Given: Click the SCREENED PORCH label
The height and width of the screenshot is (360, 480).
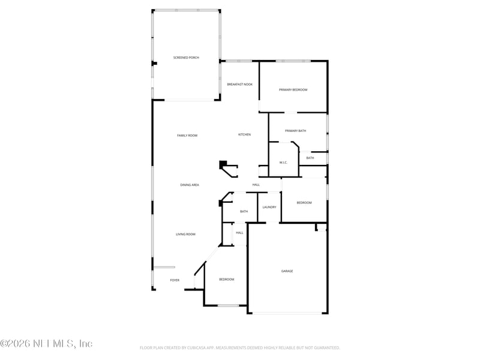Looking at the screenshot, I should (x=186, y=58).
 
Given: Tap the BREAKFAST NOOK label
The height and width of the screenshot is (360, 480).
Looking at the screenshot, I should (x=239, y=85).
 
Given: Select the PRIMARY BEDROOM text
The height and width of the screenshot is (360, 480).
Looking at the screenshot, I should (x=293, y=90).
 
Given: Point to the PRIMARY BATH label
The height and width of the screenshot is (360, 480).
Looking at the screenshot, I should (x=295, y=131).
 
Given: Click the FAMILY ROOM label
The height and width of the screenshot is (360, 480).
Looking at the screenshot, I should (x=187, y=136).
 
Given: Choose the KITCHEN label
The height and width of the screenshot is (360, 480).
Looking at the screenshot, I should (x=244, y=134).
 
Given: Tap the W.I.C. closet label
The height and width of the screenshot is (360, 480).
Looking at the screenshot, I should (x=284, y=163).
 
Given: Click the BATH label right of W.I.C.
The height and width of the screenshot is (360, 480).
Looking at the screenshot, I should (x=310, y=158).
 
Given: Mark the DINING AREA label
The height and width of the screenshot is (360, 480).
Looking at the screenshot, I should (x=190, y=185).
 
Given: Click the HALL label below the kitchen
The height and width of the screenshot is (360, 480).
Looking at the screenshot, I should (x=256, y=185).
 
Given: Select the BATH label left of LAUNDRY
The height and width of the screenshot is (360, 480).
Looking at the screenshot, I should (x=244, y=211).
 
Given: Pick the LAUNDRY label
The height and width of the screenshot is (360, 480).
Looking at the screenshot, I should (x=269, y=208).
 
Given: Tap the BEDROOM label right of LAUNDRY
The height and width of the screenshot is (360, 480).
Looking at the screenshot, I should (x=304, y=203).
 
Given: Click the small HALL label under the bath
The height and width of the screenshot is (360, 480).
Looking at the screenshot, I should (x=239, y=233).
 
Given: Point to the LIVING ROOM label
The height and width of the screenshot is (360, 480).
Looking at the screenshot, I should (x=185, y=234).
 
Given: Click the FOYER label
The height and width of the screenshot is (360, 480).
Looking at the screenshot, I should (x=175, y=280).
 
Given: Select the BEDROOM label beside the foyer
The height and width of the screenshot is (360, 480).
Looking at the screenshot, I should (x=226, y=280).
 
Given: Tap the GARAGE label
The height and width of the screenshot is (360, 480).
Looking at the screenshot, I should (x=287, y=271).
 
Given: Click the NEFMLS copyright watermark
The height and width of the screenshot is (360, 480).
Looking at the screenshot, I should (x=46, y=344).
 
